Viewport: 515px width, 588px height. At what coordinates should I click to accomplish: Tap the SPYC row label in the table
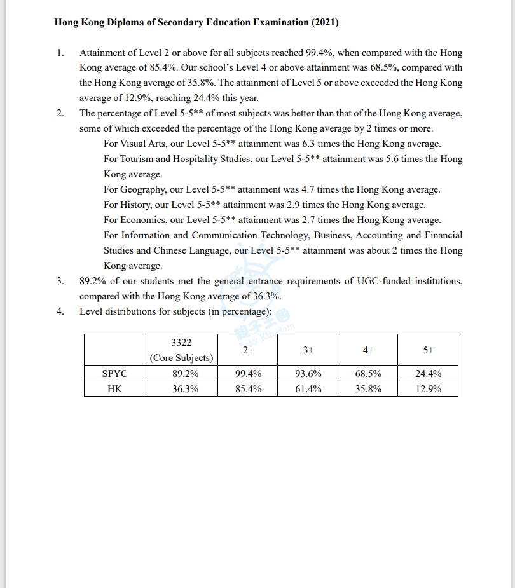coord(115,374)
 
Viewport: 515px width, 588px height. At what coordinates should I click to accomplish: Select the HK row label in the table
coord(115,389)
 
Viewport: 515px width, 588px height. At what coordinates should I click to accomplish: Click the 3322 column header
coord(181,343)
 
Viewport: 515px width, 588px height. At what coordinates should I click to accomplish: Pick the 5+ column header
coord(428,350)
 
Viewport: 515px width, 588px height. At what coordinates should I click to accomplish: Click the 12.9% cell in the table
coord(428,389)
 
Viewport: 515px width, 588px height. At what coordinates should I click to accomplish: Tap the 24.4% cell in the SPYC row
coord(428,374)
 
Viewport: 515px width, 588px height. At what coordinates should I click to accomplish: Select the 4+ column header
coord(368,350)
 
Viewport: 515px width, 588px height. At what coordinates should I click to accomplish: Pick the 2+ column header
coord(248,350)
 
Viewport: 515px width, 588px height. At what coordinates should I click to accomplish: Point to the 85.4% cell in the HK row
coord(248,389)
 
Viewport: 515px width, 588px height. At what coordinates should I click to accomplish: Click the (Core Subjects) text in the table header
coord(181,358)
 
